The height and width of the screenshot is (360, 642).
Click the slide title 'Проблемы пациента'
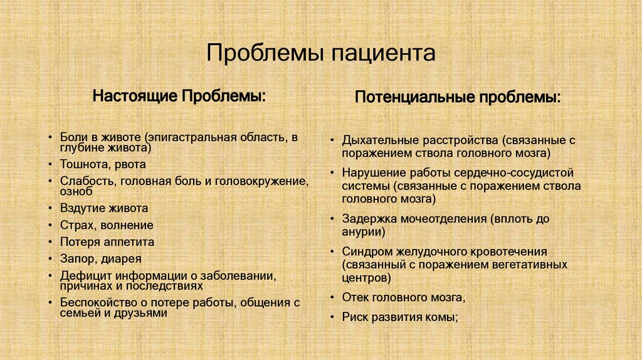pos(320,53)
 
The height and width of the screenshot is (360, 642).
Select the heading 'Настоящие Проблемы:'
pos(179,97)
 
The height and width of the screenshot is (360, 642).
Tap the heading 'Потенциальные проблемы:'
pos(458,98)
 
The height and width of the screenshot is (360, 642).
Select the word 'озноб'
pos(76,192)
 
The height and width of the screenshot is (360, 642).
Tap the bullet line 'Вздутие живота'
pos(104,208)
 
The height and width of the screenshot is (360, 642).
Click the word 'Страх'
pos(76,225)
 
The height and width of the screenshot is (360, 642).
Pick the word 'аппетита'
pos(130,242)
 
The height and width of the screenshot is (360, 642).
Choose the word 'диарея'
pos(122,258)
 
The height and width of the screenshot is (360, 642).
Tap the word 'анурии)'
pos(363,231)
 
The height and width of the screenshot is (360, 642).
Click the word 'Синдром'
pos(366,251)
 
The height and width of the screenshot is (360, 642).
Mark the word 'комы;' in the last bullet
pos(443,317)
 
